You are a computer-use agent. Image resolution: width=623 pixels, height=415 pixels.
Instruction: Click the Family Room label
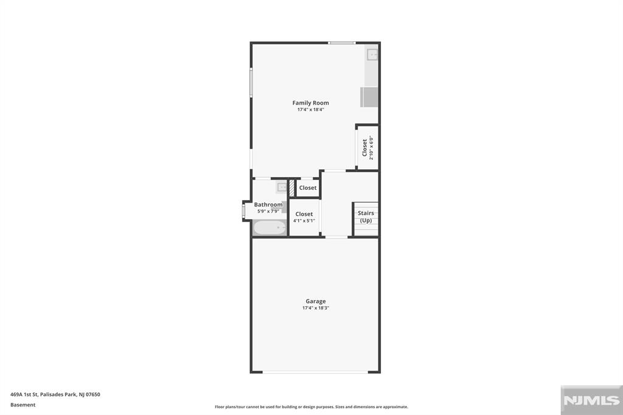pos(310,103)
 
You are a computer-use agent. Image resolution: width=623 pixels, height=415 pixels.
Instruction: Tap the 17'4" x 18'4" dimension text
pos(311,110)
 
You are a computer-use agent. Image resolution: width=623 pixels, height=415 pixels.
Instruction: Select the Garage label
pos(316,301)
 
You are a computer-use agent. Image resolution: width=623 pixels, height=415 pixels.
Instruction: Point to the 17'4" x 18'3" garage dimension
pos(316,308)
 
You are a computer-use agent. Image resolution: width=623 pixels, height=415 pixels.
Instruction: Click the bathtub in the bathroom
pos(270,228)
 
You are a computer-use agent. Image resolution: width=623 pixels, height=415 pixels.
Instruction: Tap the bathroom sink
pos(282,187)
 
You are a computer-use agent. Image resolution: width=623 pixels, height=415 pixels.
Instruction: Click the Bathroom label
pos(268,204)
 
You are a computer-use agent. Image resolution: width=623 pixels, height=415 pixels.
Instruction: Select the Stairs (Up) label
pos(366,217)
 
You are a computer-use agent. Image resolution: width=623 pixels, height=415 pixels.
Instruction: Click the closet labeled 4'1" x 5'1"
pos(304,217)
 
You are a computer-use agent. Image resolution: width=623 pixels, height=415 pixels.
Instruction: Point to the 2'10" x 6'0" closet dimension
pos(372,148)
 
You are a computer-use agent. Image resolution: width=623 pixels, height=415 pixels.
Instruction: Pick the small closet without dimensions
pos(307,188)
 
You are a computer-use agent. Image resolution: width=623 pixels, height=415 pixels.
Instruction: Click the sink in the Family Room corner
pos(372,54)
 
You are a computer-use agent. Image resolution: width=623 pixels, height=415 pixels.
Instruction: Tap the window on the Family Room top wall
pos(342,43)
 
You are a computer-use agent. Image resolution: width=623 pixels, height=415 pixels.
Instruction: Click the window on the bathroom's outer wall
pos(243,211)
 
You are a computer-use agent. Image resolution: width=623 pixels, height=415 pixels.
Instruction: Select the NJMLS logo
pos(591,400)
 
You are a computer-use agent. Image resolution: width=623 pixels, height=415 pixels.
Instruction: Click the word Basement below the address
pos(23,405)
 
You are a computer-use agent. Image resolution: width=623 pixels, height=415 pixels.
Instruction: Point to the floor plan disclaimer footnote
pos(311,406)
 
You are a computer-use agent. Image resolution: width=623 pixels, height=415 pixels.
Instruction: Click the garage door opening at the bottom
pos(315,372)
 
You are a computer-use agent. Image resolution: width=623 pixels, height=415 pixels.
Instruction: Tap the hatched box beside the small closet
pos(291,188)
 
